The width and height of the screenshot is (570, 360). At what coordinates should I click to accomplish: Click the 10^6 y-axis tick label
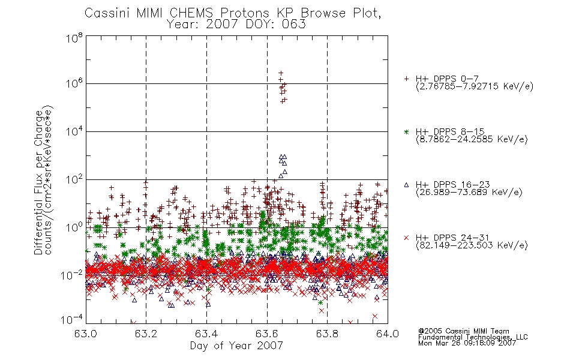[x=74, y=83]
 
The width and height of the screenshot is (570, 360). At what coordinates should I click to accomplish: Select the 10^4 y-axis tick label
[x=74, y=131]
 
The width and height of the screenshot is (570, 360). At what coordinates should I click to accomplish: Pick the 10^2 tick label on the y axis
[x=74, y=179]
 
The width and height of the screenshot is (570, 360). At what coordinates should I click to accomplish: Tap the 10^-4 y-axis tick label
[x=71, y=320]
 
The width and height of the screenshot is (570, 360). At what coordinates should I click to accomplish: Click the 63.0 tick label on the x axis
[x=86, y=334]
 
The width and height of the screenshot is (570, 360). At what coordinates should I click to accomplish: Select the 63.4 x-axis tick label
[x=206, y=334]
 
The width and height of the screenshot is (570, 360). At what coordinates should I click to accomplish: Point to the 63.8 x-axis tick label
[x=327, y=334]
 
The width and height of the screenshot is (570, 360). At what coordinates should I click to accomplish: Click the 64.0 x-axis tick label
[x=388, y=334]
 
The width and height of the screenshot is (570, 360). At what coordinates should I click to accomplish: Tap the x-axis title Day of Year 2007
[x=236, y=346]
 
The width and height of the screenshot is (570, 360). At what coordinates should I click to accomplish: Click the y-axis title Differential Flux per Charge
[x=38, y=181]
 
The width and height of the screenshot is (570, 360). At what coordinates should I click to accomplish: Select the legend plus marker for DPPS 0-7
[x=406, y=79]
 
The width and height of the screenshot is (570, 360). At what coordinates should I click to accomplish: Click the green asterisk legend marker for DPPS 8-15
[x=406, y=131]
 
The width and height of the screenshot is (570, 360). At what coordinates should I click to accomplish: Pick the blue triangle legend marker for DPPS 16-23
[x=406, y=185]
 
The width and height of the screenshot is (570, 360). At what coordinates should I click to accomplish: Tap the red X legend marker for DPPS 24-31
[x=406, y=238]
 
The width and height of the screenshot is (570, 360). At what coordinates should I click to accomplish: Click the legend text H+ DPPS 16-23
[x=452, y=184]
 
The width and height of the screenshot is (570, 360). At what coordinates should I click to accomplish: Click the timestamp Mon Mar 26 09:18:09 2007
[x=467, y=343]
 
